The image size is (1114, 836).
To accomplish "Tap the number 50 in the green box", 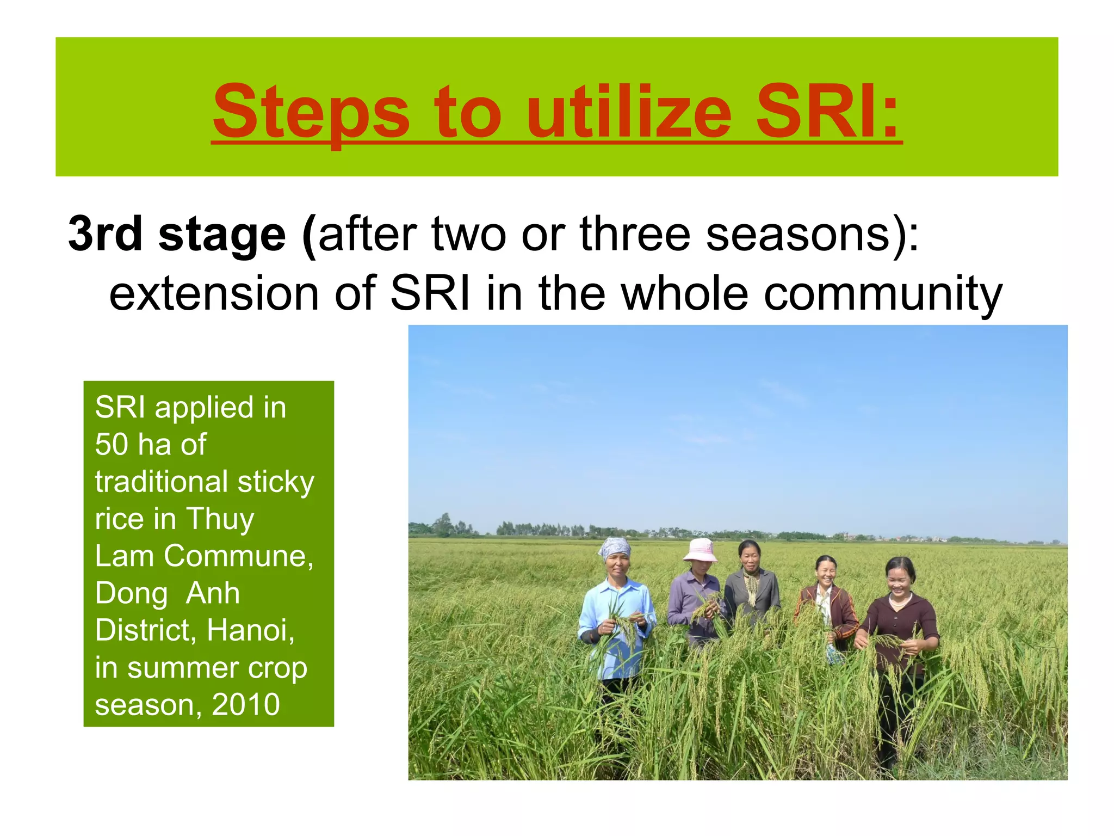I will coord(112,445).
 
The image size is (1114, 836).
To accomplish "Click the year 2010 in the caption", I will coord(246,705).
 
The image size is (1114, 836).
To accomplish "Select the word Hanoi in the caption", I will coord(250,631).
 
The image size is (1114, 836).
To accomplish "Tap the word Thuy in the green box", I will coord(220,519).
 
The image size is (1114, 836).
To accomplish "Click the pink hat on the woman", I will coord(700,550).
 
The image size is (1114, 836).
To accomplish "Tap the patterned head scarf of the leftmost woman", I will coord(615,546).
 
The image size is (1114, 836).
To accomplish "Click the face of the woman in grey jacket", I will coord(750,558).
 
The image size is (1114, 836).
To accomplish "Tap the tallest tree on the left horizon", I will coord(445,524).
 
